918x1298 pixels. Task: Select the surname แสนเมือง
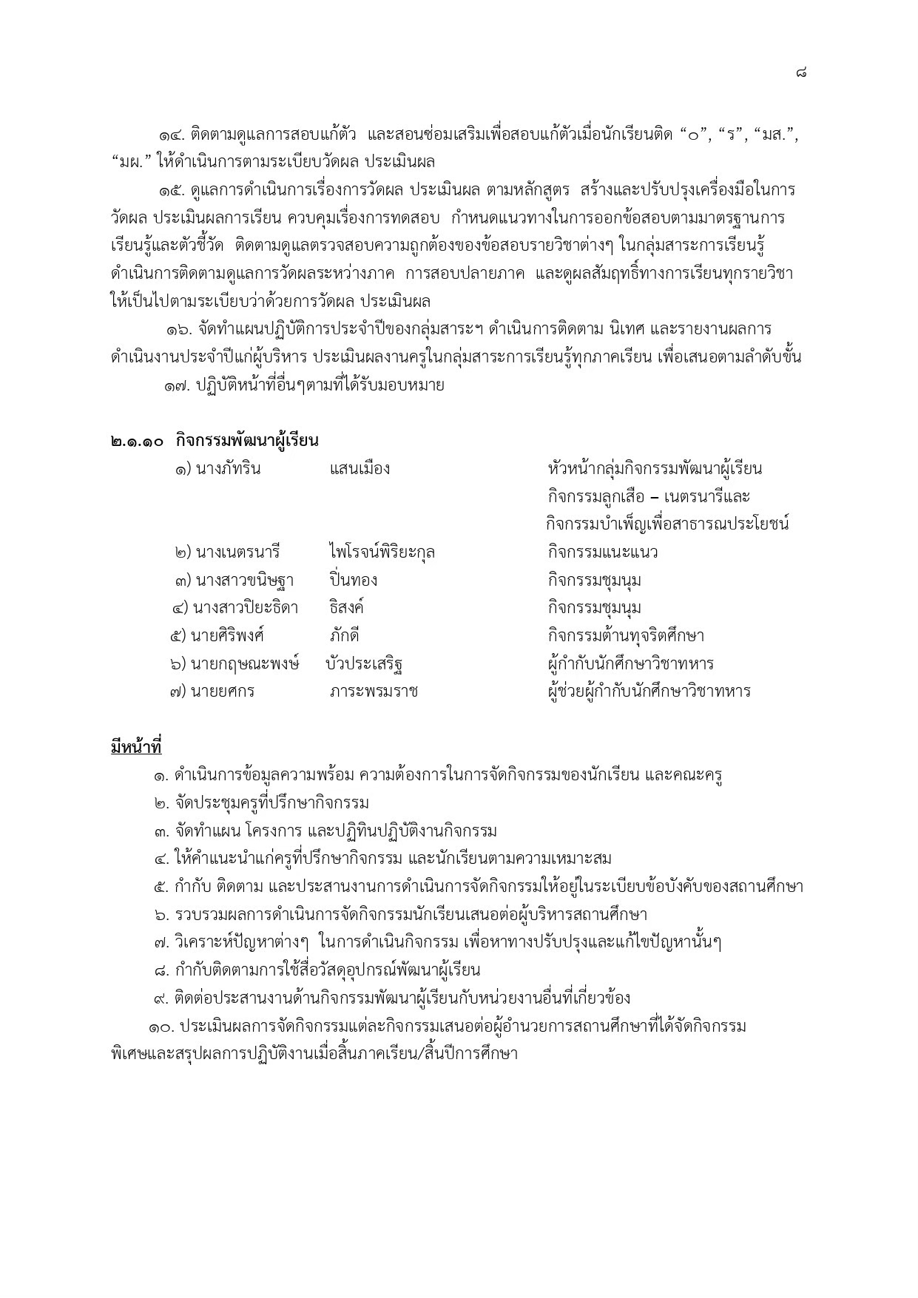tap(360, 469)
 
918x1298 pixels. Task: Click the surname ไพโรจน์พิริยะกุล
tap(382, 552)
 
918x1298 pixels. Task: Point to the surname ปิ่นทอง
tap(354, 581)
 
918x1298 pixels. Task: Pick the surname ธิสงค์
tap(346, 608)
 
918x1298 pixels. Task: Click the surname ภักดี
tap(344, 636)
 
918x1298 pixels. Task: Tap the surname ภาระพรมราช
tap(374, 692)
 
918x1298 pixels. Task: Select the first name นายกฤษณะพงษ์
tap(245, 663)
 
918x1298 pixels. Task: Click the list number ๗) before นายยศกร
tap(178, 692)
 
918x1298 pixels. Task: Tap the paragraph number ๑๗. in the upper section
tap(178, 385)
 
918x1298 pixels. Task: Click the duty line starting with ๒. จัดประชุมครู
tap(262, 803)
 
